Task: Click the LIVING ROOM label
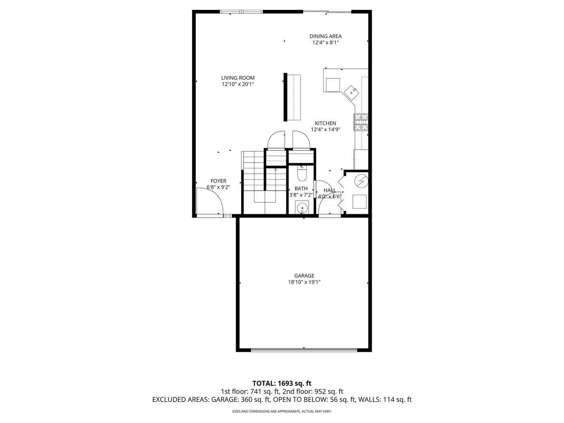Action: (238, 78)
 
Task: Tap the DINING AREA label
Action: (325, 36)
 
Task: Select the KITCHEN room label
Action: (325, 123)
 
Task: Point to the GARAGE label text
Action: (304, 276)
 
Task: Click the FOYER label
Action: (218, 181)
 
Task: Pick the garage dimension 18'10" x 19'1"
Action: (304, 282)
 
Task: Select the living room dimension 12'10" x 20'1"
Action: (238, 84)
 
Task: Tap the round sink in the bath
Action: (302, 207)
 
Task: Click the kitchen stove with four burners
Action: (361, 122)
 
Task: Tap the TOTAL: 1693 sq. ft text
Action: (282, 383)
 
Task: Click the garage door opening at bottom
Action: (304, 350)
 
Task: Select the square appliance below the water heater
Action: (359, 201)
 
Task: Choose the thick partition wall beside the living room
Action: (286, 97)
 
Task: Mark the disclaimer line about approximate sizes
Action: (282, 411)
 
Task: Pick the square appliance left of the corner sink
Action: (333, 85)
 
